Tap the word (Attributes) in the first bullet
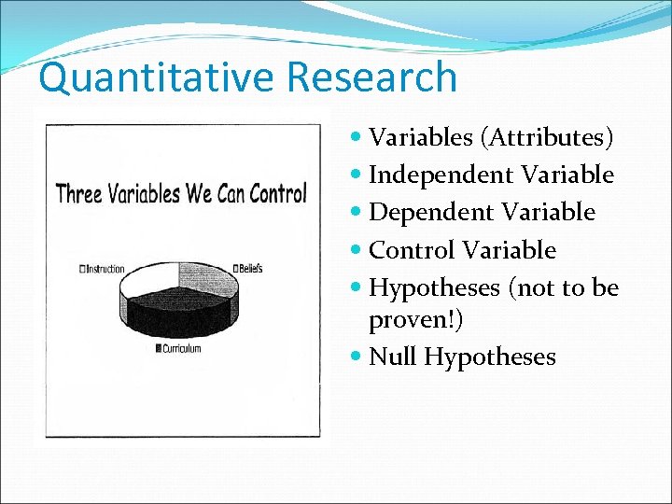pyautogui.click(x=547, y=138)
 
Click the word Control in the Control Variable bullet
pyautogui.click(x=412, y=250)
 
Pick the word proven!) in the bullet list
pyautogui.click(x=415, y=320)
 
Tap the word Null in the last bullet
pyautogui.click(x=393, y=357)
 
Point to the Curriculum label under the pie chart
pyautogui.click(x=179, y=348)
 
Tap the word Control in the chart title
pyautogui.click(x=274, y=194)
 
